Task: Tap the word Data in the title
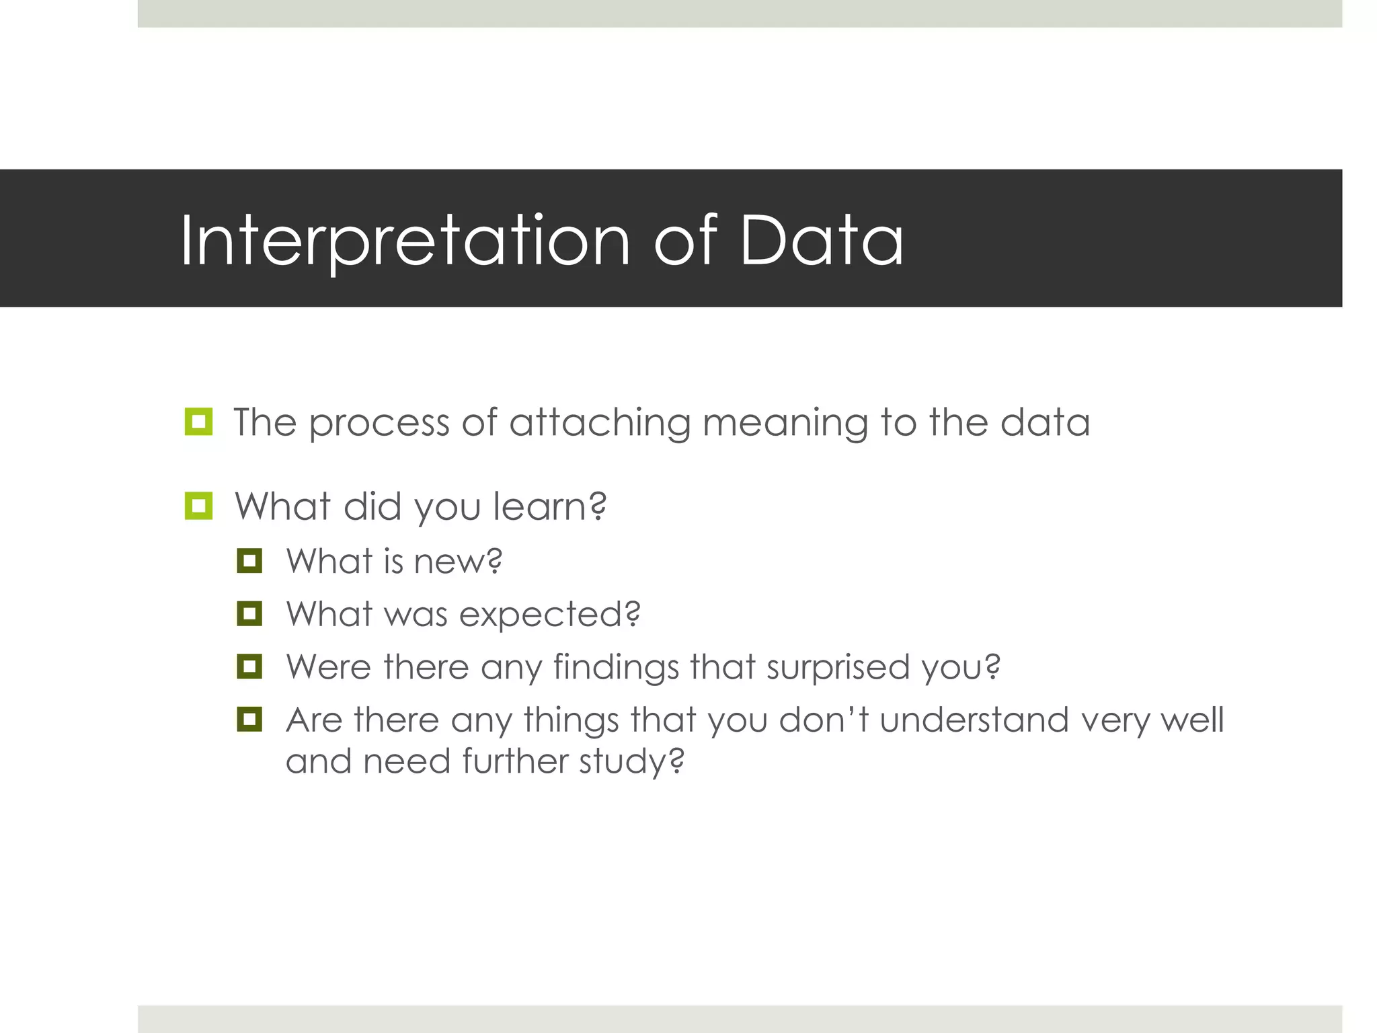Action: [821, 241]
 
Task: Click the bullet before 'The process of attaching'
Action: [198, 422]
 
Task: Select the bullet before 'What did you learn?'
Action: [198, 506]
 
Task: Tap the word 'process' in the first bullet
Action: [379, 424]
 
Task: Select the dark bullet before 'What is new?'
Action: [249, 560]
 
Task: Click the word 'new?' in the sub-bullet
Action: [458, 562]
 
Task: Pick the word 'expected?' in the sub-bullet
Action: [549, 615]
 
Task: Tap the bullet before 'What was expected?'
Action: [249, 613]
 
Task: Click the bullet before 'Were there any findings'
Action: [249, 666]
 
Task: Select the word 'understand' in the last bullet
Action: [974, 720]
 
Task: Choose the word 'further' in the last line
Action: [514, 762]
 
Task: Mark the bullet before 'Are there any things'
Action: [249, 719]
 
